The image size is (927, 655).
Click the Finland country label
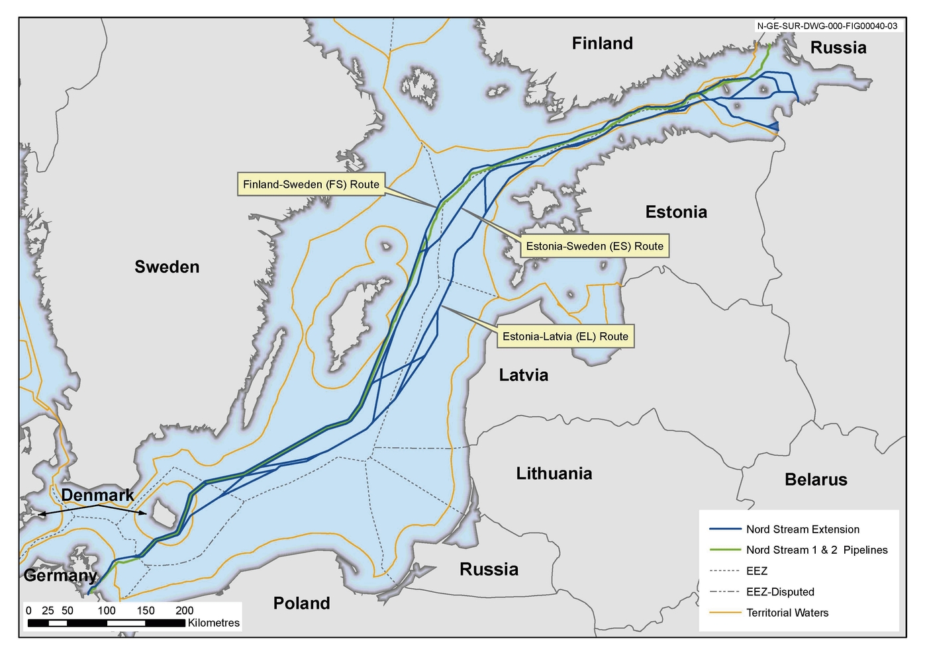pyautogui.click(x=602, y=44)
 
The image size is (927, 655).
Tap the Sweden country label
pyautogui.click(x=167, y=267)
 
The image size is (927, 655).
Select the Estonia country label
pyautogui.click(x=676, y=212)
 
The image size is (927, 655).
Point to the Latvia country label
pyautogui.click(x=523, y=376)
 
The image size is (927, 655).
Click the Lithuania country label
pyautogui.click(x=554, y=474)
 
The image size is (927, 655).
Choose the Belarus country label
pyautogui.click(x=816, y=480)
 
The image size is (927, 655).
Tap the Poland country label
pyautogui.click(x=301, y=603)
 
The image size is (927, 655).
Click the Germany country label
pyautogui.click(x=60, y=576)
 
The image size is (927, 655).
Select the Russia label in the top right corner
pyautogui.click(x=838, y=48)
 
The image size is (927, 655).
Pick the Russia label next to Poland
pyautogui.click(x=489, y=570)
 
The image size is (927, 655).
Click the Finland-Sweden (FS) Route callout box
pyautogui.click(x=311, y=185)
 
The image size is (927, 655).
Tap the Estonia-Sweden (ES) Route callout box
pyautogui.click(x=594, y=247)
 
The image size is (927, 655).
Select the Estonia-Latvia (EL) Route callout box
pyautogui.click(x=565, y=337)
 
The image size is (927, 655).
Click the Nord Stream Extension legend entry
pyautogui.click(x=803, y=529)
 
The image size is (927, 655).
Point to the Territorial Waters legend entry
pyautogui.click(x=787, y=613)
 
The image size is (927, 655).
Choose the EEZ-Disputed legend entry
pyautogui.click(x=779, y=592)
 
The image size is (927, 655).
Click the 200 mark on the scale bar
pyautogui.click(x=184, y=611)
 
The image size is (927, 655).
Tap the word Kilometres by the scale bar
pyautogui.click(x=213, y=623)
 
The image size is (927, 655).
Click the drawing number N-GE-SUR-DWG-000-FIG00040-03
pyautogui.click(x=827, y=26)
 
